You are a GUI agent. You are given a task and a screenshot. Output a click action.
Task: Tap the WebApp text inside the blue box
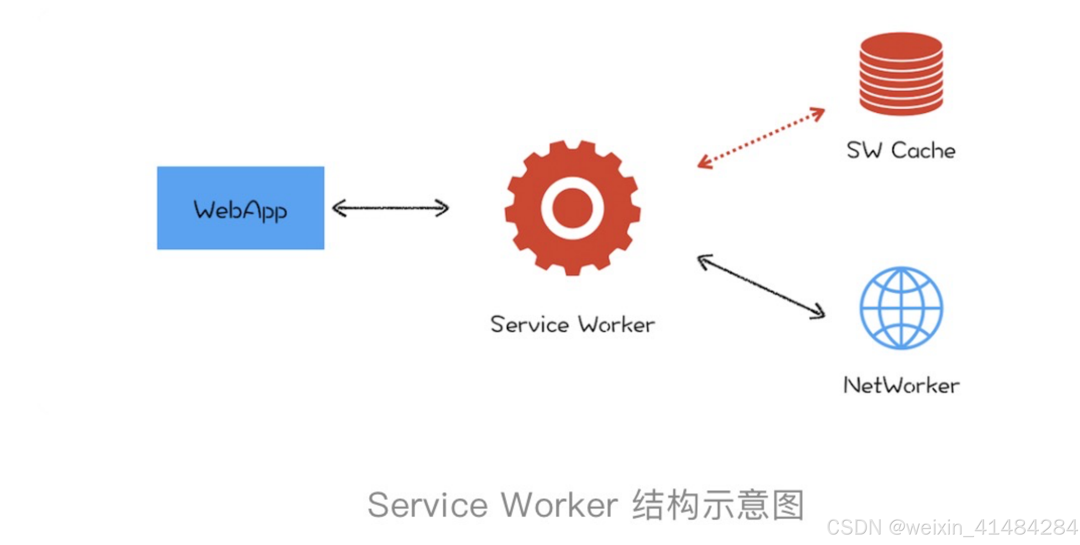pyautogui.click(x=240, y=210)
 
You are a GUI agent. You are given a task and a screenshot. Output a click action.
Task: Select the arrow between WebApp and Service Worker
pyautogui.click(x=391, y=208)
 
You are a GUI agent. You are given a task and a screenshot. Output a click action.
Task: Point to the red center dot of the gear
pyautogui.click(x=572, y=208)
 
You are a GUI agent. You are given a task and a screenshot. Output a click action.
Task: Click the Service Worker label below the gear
pyautogui.click(x=572, y=325)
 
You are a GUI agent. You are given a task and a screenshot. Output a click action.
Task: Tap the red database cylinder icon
pyautogui.click(x=901, y=73)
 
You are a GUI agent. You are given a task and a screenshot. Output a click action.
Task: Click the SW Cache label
pyautogui.click(x=901, y=150)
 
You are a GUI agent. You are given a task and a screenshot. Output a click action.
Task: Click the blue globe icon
pyautogui.click(x=901, y=308)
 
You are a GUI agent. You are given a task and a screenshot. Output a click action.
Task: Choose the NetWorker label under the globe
pyautogui.click(x=901, y=385)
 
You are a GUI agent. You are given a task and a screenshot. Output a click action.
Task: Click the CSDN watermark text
pyautogui.click(x=952, y=527)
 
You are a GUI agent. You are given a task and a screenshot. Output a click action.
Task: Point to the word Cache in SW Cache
pyautogui.click(x=923, y=150)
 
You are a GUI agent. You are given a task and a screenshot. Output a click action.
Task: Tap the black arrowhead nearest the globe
pyautogui.click(x=818, y=312)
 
